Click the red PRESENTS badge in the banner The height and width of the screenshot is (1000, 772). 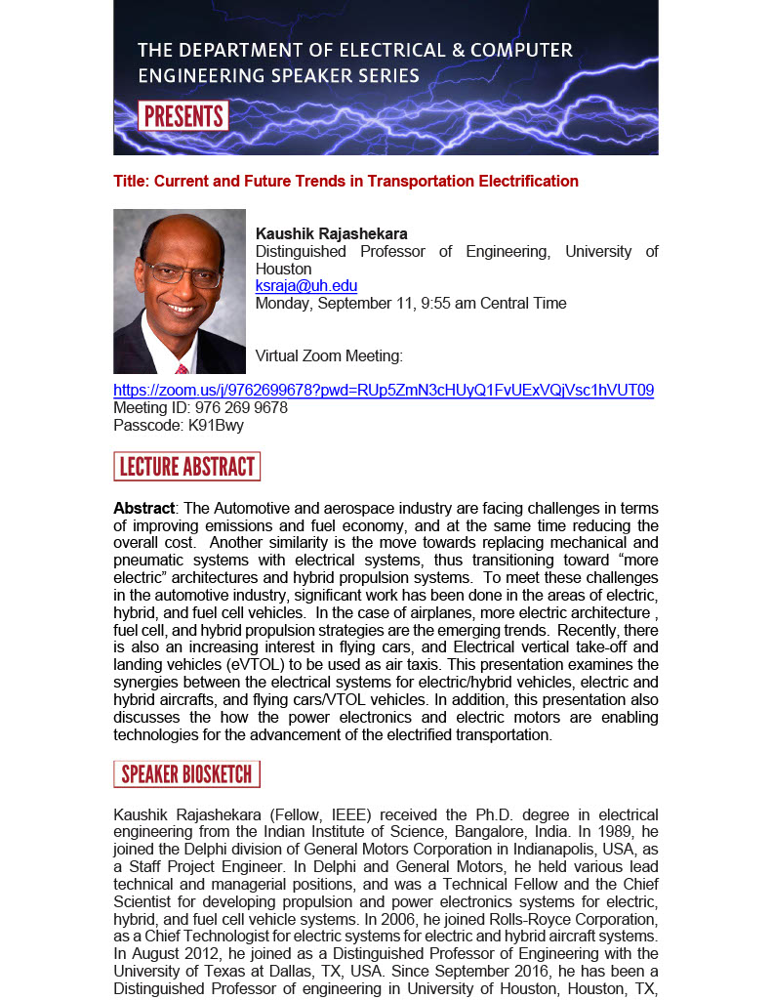183,116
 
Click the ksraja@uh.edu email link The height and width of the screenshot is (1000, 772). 305,286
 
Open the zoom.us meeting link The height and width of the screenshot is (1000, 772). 384,391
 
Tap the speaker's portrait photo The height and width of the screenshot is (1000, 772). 180,291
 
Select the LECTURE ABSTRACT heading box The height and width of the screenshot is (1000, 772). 186,467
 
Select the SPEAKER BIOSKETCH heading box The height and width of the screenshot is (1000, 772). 186,775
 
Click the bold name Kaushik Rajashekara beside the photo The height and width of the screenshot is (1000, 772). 331,234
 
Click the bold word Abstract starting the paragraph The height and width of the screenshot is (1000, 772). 143,509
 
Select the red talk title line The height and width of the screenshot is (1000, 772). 345,182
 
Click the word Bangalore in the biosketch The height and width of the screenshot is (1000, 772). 489,832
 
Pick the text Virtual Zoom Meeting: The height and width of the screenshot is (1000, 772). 329,356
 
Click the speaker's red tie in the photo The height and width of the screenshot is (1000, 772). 182,369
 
